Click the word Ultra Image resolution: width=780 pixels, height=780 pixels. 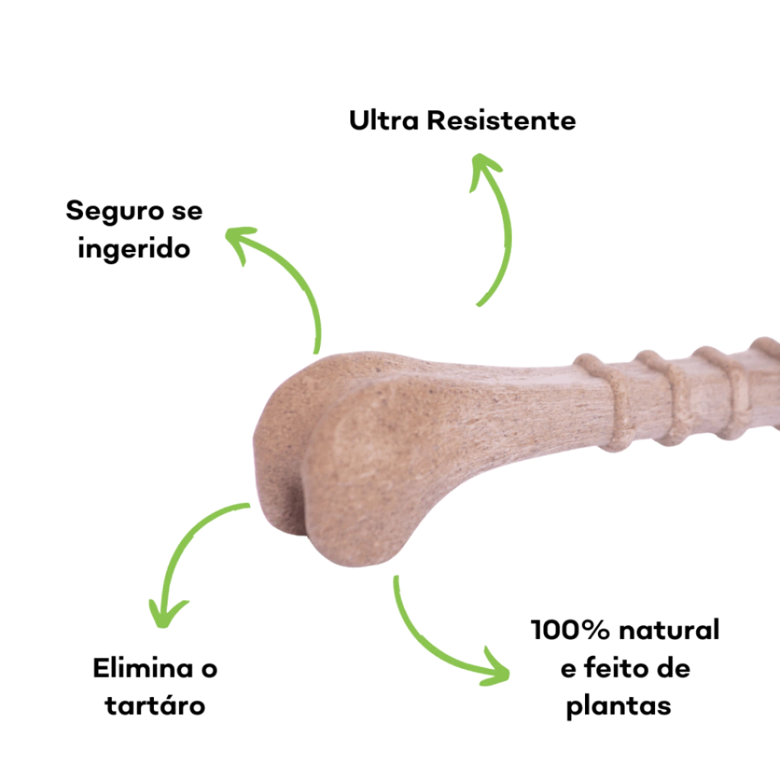coord(383,120)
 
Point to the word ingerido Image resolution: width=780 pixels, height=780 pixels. coord(134,249)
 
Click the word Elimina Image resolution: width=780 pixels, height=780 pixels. coord(142,669)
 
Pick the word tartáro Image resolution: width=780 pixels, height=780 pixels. coord(155,706)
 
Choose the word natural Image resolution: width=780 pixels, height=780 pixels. coord(670,630)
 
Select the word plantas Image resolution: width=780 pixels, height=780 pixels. coord(619,706)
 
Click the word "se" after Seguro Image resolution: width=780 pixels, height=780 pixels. coord(187,210)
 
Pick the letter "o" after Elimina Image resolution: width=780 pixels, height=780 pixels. coord(208,669)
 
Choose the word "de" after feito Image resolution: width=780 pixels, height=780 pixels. coord(670,669)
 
